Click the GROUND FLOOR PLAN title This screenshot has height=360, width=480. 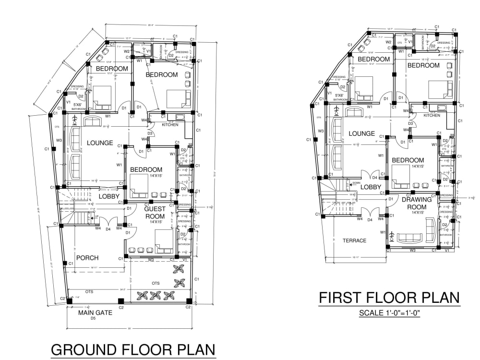pos(133,349)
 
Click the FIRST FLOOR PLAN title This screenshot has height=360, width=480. pos(389,298)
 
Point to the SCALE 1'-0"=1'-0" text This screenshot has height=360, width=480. pos(389,313)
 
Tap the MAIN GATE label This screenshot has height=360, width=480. pos(95,312)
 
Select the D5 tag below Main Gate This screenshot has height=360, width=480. pos(93,318)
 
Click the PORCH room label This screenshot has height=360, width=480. pos(87,258)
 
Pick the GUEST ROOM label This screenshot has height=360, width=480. pos(155,213)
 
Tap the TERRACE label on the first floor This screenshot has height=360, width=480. pos(355,240)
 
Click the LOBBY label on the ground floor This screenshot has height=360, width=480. pos(109,196)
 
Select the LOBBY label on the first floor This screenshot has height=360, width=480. pos(371,187)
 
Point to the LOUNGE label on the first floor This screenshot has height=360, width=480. pos(361,133)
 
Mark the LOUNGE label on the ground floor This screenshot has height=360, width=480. pos(100,143)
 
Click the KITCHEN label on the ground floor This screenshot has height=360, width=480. pos(169,125)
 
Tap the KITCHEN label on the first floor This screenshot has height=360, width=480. pos(432,115)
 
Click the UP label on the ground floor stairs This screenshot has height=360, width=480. pos(96,216)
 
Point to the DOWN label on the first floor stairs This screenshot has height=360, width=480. pos(356,183)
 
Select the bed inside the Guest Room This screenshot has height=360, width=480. pos(164,240)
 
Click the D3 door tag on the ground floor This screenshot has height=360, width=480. pos(150,133)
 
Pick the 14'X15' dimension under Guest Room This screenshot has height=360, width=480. pos(157,222)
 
